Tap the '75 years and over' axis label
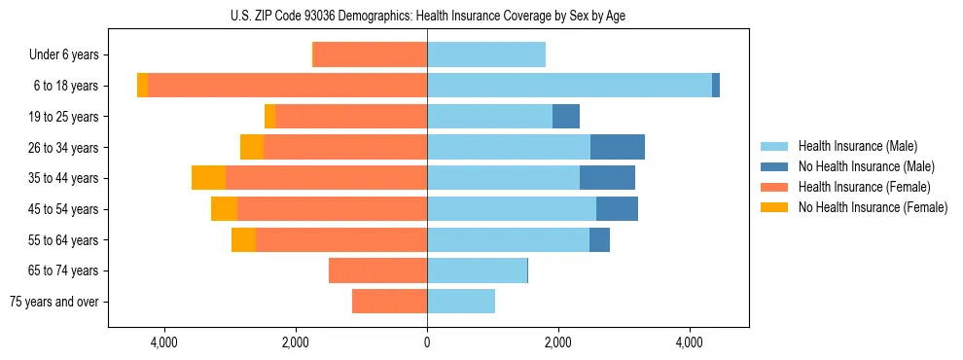coord(54,302)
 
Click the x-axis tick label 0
coord(427,342)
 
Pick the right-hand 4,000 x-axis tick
coord(689,342)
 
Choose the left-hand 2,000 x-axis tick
coord(296,342)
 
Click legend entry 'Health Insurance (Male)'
coord(857,146)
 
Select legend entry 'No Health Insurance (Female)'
coord(873,207)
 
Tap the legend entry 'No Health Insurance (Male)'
coord(866,166)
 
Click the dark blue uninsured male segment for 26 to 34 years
coord(618,147)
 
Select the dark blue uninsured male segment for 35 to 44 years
coord(607,178)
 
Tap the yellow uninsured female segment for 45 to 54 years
coord(224,209)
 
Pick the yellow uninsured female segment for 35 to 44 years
coord(208,178)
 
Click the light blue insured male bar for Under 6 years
coord(486,54)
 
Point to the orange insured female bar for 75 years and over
coord(389,302)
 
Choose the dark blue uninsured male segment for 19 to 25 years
coord(566,117)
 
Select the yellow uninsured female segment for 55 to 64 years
coord(243,240)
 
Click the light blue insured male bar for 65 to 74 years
coord(477,270)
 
